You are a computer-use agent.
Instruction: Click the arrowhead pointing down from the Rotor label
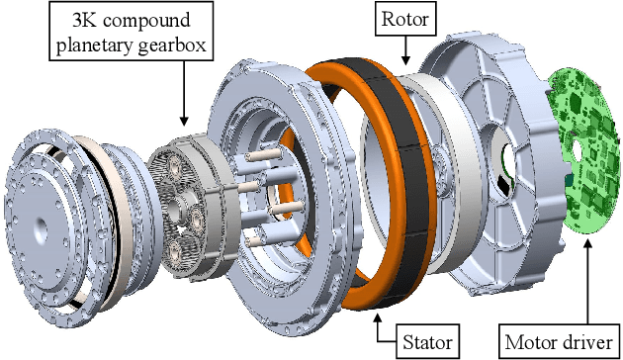(x=404, y=63)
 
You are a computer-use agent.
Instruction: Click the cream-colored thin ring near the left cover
(x=98, y=198)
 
